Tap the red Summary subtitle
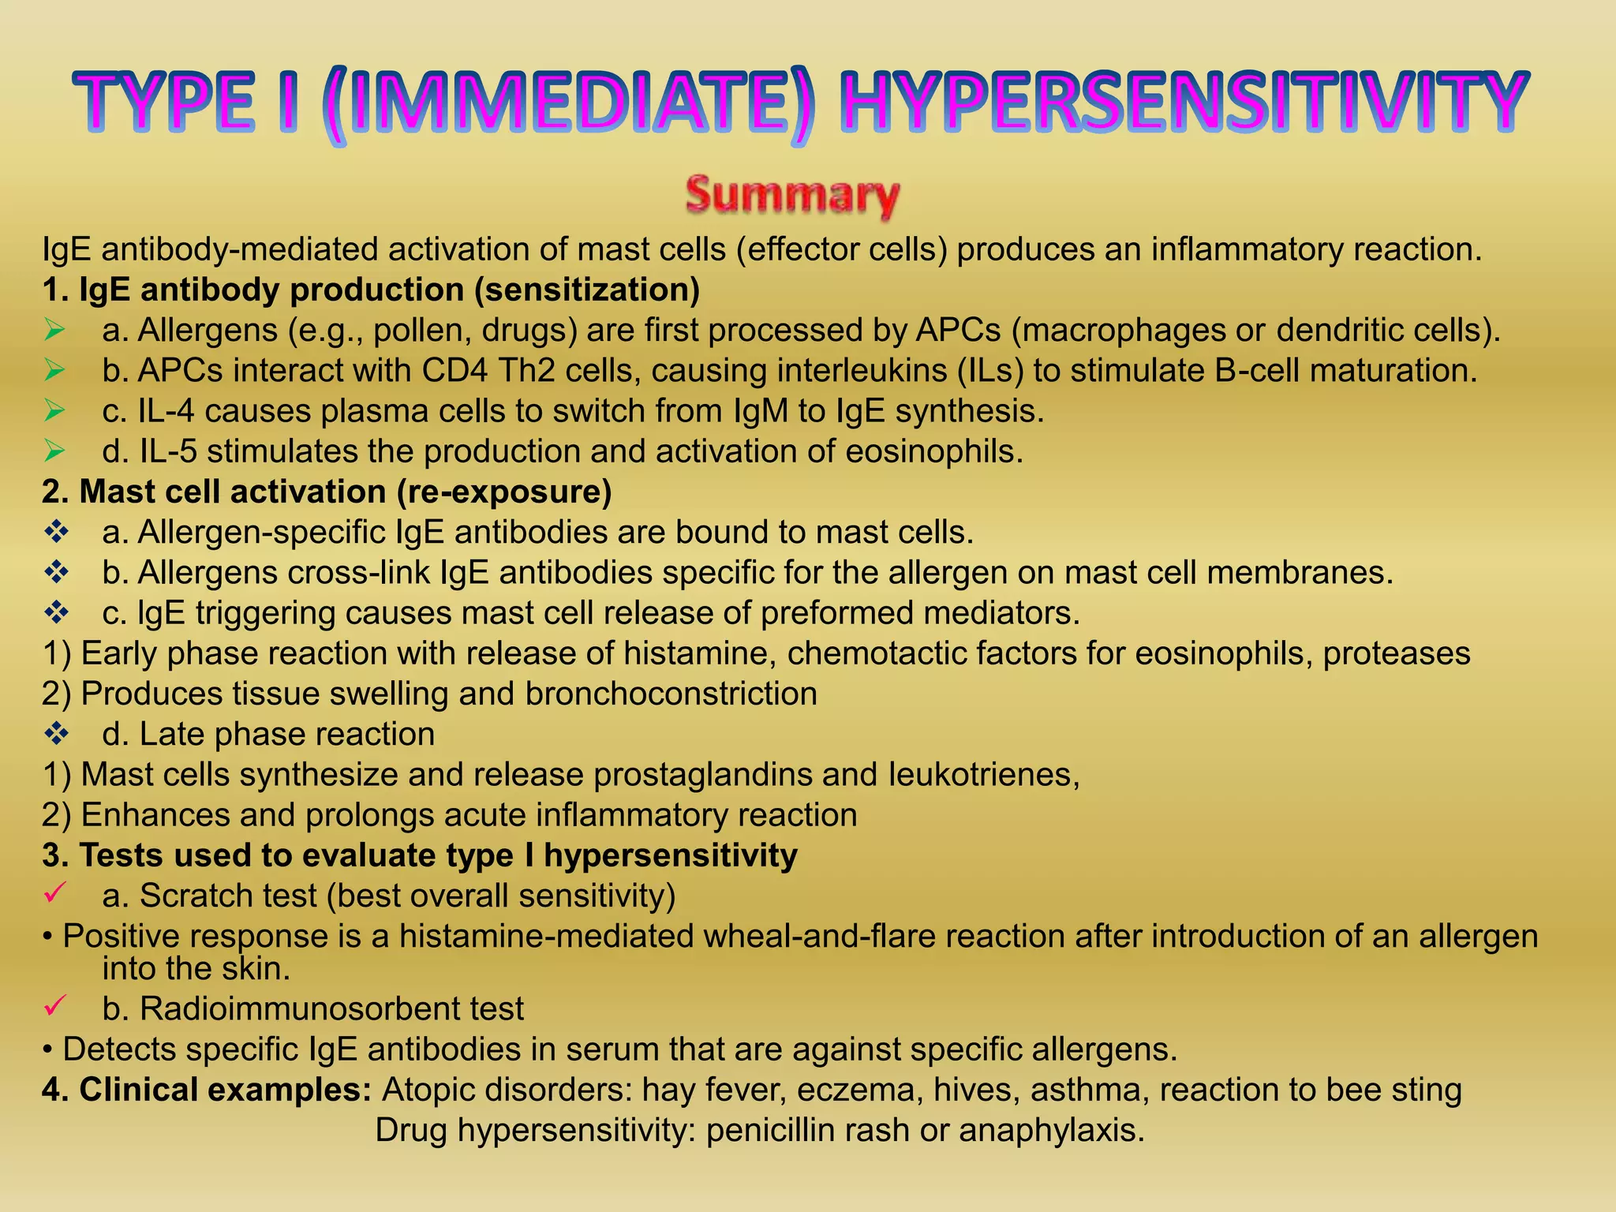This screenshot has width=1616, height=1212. coord(792,195)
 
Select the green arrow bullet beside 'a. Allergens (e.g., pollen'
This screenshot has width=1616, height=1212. coord(54,330)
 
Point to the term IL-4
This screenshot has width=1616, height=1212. coord(166,411)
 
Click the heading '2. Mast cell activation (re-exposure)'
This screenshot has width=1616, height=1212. coord(327,492)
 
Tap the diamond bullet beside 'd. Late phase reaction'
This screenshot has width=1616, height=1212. coord(56,734)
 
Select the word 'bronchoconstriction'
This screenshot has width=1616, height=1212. coord(671,694)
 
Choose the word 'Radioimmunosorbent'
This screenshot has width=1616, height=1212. coord(300,1008)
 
